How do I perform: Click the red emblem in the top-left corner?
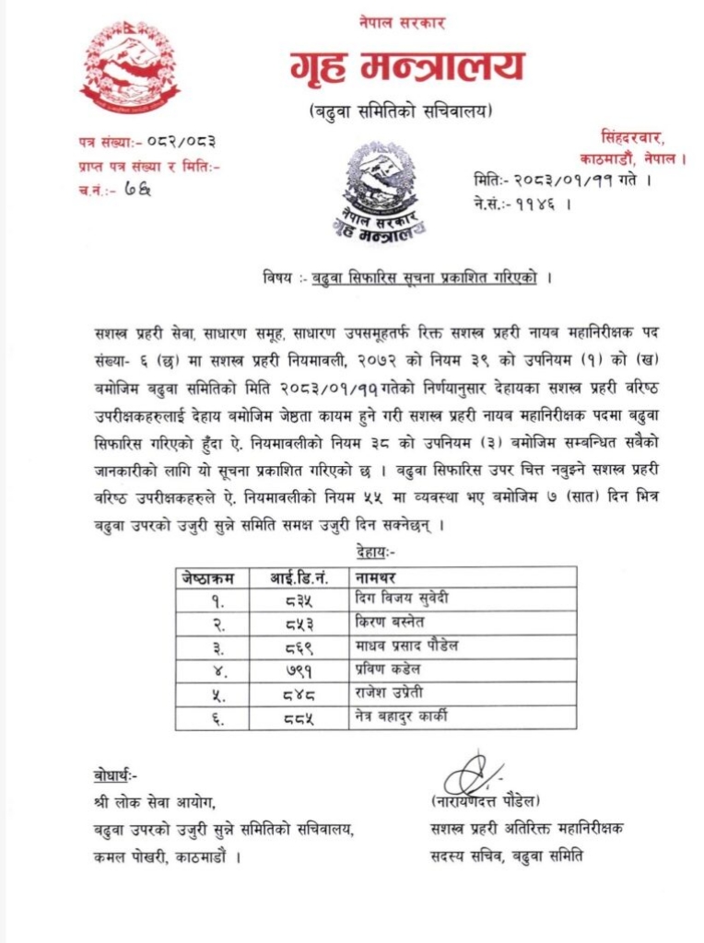(130, 66)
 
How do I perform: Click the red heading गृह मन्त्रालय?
(406, 67)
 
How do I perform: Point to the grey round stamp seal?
(381, 190)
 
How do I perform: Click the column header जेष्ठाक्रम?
(208, 577)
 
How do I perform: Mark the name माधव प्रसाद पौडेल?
(407, 646)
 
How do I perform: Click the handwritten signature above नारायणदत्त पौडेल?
(473, 772)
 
